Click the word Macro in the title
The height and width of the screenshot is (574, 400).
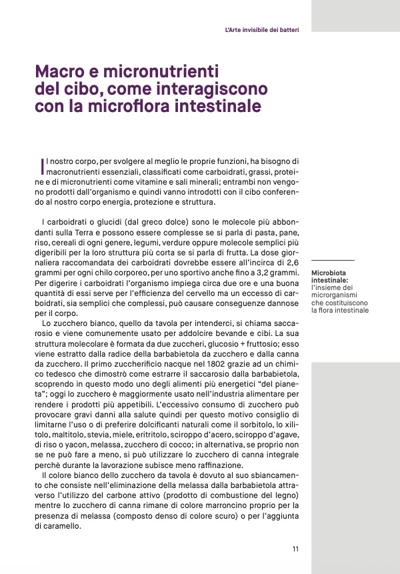(x=59, y=71)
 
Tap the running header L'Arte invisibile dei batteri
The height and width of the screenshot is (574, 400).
(x=261, y=30)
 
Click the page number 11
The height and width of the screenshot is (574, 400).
(x=295, y=549)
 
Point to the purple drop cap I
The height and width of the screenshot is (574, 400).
(x=43, y=164)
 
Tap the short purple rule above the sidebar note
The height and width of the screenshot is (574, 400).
(x=333, y=260)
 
